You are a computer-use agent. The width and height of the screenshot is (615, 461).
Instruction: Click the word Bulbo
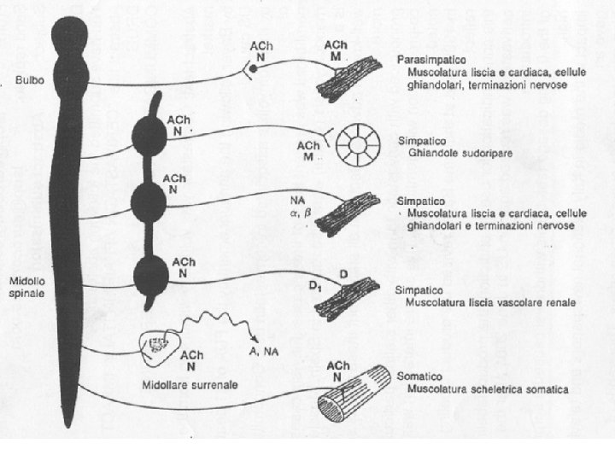18,83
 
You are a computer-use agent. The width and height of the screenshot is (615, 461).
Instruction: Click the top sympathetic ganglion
153,137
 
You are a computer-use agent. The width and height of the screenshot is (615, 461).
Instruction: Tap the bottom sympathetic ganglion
153,275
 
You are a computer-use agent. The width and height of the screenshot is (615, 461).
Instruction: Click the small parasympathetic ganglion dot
254,67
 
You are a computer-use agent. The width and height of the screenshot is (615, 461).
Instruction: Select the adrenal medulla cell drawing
157,343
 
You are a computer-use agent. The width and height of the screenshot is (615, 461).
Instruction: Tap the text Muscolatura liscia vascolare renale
490,302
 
